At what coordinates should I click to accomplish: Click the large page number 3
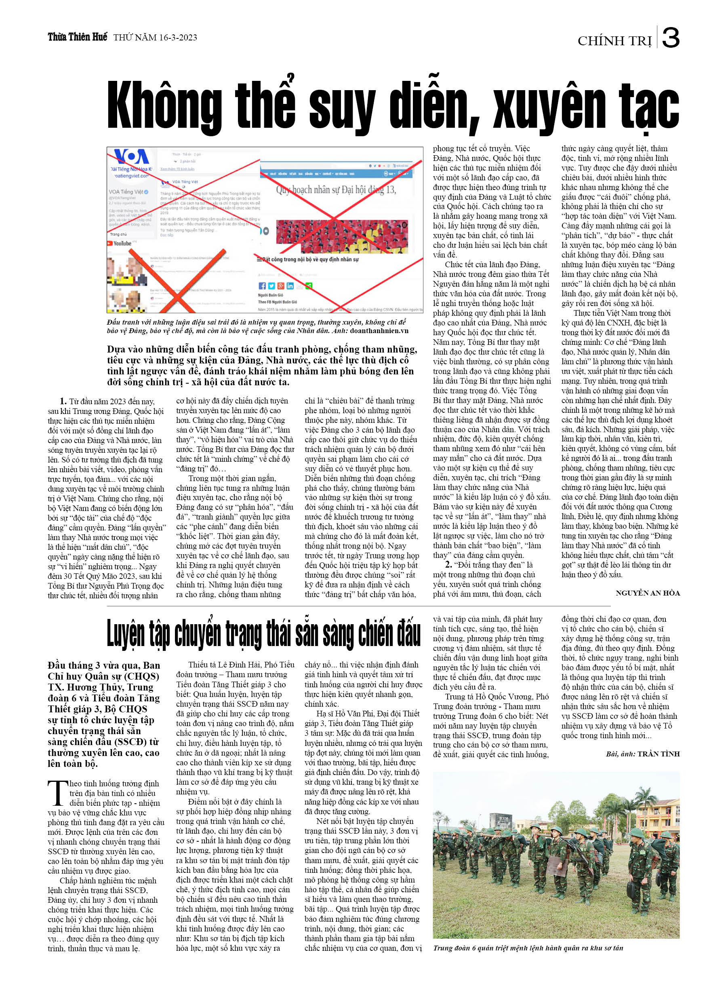[671, 38]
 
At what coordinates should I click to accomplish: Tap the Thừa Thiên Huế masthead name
[77, 37]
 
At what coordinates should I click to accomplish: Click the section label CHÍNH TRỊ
[614, 41]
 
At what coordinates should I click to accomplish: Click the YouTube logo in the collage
[120, 243]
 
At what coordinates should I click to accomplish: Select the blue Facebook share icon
[262, 286]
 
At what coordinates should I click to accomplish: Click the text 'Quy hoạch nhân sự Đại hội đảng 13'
[336, 190]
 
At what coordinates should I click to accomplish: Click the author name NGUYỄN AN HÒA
[648, 593]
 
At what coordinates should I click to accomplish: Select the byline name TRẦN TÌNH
[658, 754]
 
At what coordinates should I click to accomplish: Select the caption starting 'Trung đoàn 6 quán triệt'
[528, 948]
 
